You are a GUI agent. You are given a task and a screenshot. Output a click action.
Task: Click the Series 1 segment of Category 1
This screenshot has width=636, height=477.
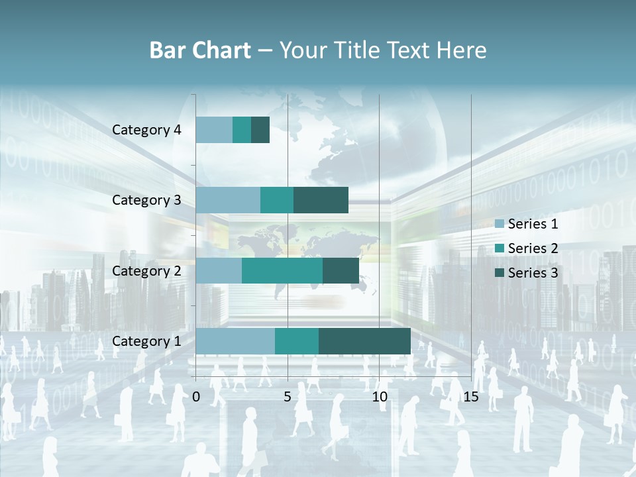coord(235,341)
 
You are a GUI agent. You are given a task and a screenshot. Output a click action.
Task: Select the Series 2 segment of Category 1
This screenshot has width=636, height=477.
coord(297,341)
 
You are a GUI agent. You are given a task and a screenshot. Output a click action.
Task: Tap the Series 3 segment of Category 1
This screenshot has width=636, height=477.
coord(364,341)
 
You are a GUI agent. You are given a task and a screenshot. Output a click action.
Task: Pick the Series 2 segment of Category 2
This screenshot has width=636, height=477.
coord(282,270)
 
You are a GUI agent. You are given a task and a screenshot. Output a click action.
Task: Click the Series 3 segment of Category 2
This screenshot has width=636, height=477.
coord(341,270)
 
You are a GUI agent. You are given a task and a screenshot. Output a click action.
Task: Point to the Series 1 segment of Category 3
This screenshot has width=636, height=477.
coord(228,200)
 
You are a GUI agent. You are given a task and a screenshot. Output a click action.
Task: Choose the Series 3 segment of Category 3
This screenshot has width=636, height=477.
coord(321,200)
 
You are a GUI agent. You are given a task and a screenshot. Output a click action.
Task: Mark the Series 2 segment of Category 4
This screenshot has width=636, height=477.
coord(242,130)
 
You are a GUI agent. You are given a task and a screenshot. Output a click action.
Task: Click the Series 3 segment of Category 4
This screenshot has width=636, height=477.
coord(260,130)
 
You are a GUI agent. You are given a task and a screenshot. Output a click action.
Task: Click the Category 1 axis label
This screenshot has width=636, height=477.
coord(146,341)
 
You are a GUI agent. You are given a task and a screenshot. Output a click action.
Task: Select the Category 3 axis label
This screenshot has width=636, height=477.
coord(146,200)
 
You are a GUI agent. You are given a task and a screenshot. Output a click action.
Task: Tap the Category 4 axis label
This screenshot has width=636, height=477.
coord(146,130)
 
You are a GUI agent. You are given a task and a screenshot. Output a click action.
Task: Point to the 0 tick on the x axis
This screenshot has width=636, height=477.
coord(196,397)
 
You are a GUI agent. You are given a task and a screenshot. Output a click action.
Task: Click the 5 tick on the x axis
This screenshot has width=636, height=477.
coord(288,397)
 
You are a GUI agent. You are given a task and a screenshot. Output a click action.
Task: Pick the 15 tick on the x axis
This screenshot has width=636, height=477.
coord(471,397)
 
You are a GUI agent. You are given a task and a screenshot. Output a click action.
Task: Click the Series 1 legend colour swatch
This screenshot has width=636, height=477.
coord(500,224)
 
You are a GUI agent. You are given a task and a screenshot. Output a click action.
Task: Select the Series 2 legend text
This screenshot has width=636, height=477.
coord(533,248)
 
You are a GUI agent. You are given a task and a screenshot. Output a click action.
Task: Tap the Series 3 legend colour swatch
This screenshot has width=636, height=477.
coord(500,273)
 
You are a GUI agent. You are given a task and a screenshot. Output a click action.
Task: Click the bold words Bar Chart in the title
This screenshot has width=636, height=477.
coord(200,50)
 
